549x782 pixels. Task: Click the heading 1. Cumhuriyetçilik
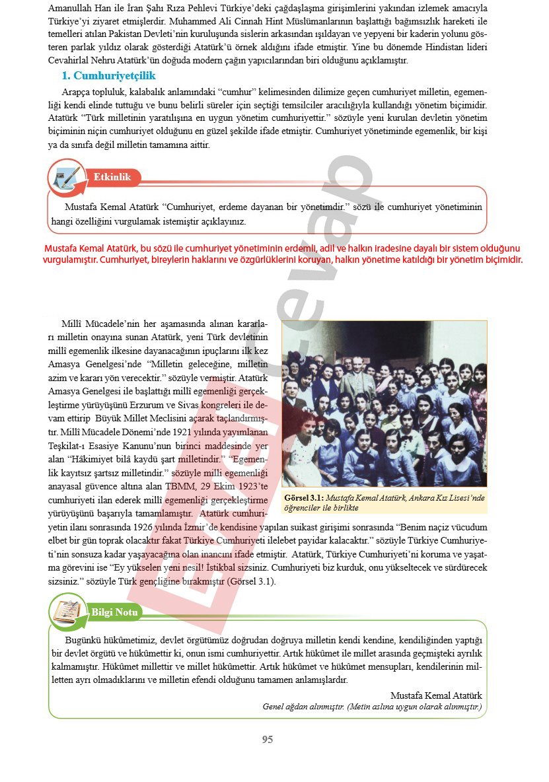pyautogui.click(x=108, y=75)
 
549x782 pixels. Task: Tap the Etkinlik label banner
pyautogui.click(x=112, y=177)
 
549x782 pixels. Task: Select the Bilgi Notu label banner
pyautogui.click(x=115, y=612)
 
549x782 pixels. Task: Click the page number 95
pyautogui.click(x=268, y=740)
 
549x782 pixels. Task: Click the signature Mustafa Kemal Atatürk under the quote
pyautogui.click(x=436, y=695)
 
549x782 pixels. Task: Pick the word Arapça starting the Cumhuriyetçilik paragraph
pyautogui.click(x=77, y=92)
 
